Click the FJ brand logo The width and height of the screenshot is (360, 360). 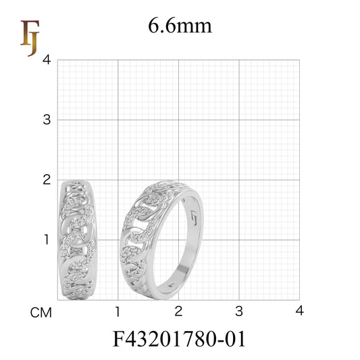tap(29, 38)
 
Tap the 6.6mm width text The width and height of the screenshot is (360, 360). tap(180, 26)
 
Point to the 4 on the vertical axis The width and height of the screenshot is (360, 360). tap(46, 59)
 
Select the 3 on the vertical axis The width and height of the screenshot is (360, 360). tap(46, 120)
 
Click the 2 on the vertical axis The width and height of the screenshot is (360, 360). tap(46, 180)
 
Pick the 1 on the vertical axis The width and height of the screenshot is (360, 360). tap(46, 239)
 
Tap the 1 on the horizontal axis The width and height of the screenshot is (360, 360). tap(118, 311)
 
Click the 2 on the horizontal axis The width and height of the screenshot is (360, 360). tap(178, 311)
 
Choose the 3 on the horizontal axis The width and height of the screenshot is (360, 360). tap(238, 311)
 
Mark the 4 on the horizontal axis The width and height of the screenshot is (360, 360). tap(299, 311)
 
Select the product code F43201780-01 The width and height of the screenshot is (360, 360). tap(180, 338)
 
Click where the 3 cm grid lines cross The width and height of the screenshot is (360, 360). tap(239, 120)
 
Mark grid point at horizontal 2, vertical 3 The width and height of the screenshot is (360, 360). tap(178, 120)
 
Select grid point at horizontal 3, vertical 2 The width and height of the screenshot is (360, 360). tap(239, 180)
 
